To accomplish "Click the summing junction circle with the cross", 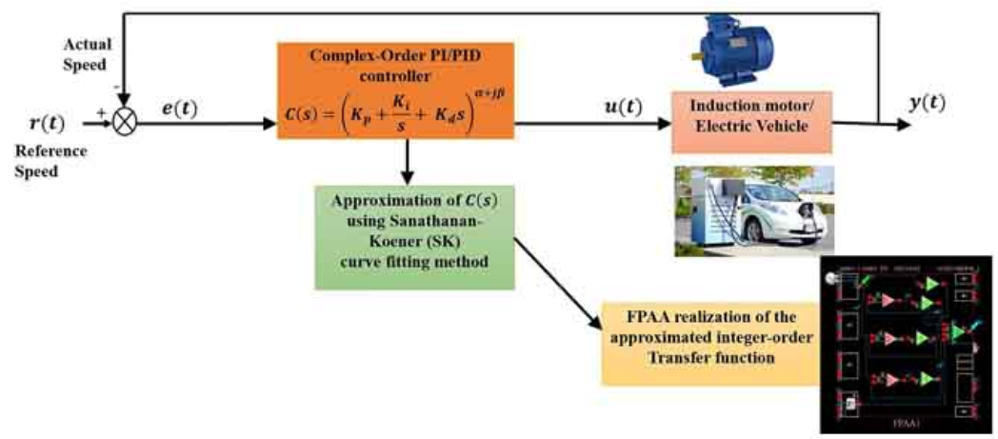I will tap(125, 124).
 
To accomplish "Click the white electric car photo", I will tap(752, 211).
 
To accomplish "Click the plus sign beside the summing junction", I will tap(100, 112).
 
